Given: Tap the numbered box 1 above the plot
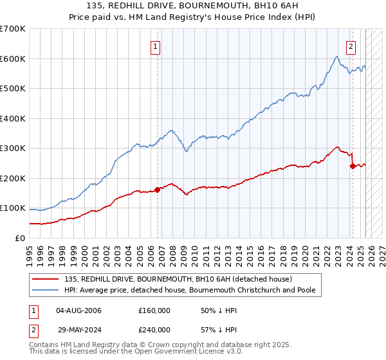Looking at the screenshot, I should tap(156, 46).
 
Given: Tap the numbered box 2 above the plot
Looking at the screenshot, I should tap(351, 46).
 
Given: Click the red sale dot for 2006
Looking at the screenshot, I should tap(158, 190).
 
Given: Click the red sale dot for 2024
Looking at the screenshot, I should tap(353, 166).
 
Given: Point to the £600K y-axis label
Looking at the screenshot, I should tap(13, 59).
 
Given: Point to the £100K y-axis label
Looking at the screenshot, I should tap(13, 208).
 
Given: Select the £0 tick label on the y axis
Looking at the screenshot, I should tap(19, 238).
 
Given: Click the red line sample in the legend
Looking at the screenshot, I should tap(46, 279).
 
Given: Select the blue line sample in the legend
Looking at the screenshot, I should tap(46, 290).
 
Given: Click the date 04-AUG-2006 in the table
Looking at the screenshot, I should tap(79, 310).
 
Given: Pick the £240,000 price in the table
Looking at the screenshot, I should tap(154, 329).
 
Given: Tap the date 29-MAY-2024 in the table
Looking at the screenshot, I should tap(79, 329).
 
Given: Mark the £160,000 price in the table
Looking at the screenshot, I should tap(154, 310).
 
